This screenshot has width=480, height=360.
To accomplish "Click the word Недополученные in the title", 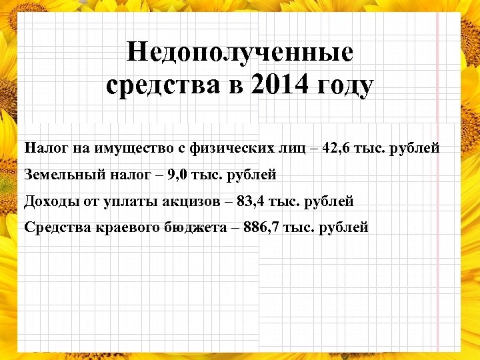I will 240,52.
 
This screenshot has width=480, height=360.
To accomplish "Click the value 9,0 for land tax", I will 179,175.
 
